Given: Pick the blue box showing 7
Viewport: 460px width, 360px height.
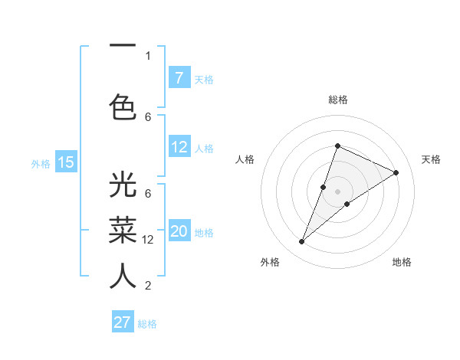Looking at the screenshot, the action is pyautogui.click(x=179, y=77).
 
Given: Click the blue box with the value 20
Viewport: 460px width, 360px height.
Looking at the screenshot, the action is pyautogui.click(x=179, y=232).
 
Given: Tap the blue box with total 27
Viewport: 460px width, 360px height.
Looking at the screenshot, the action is pyautogui.click(x=123, y=322).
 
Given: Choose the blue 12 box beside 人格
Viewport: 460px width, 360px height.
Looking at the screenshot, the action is pyautogui.click(x=179, y=147).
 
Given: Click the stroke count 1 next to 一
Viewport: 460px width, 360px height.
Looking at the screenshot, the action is pyautogui.click(x=148, y=55).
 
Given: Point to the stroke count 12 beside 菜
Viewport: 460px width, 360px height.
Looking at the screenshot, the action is pyautogui.click(x=149, y=240).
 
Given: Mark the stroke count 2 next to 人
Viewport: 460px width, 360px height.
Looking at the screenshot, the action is pyautogui.click(x=148, y=286).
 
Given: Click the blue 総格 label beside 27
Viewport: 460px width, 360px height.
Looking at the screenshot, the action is pyautogui.click(x=147, y=324).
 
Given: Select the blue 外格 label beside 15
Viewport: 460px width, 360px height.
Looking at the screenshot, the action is pyautogui.click(x=41, y=163).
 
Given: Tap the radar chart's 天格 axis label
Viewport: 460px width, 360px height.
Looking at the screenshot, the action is pyautogui.click(x=431, y=159).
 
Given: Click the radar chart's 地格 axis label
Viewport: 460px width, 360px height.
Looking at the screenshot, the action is pyautogui.click(x=402, y=262).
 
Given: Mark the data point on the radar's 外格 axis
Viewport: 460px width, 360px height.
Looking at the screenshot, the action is pyautogui.click(x=302, y=242).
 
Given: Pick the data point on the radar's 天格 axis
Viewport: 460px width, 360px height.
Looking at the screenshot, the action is pyautogui.click(x=396, y=172).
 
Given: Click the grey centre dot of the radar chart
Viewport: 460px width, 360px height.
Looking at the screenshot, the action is pyautogui.click(x=337, y=191).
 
